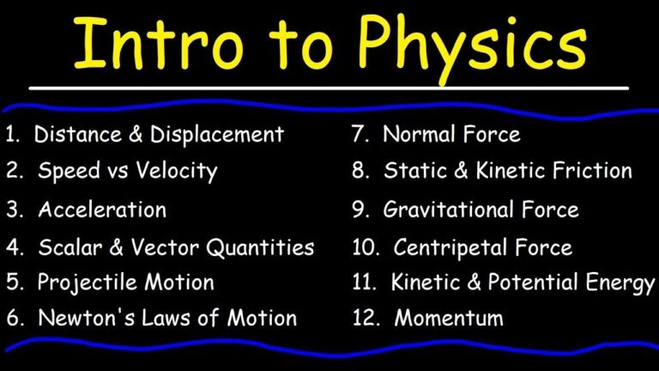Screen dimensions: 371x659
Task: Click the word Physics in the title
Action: tap(470, 45)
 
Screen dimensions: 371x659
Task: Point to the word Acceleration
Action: tap(102, 209)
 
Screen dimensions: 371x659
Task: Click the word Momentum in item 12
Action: tap(448, 318)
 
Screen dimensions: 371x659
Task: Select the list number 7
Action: tap(360, 134)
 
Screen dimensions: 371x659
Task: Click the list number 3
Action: tap(14, 209)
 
